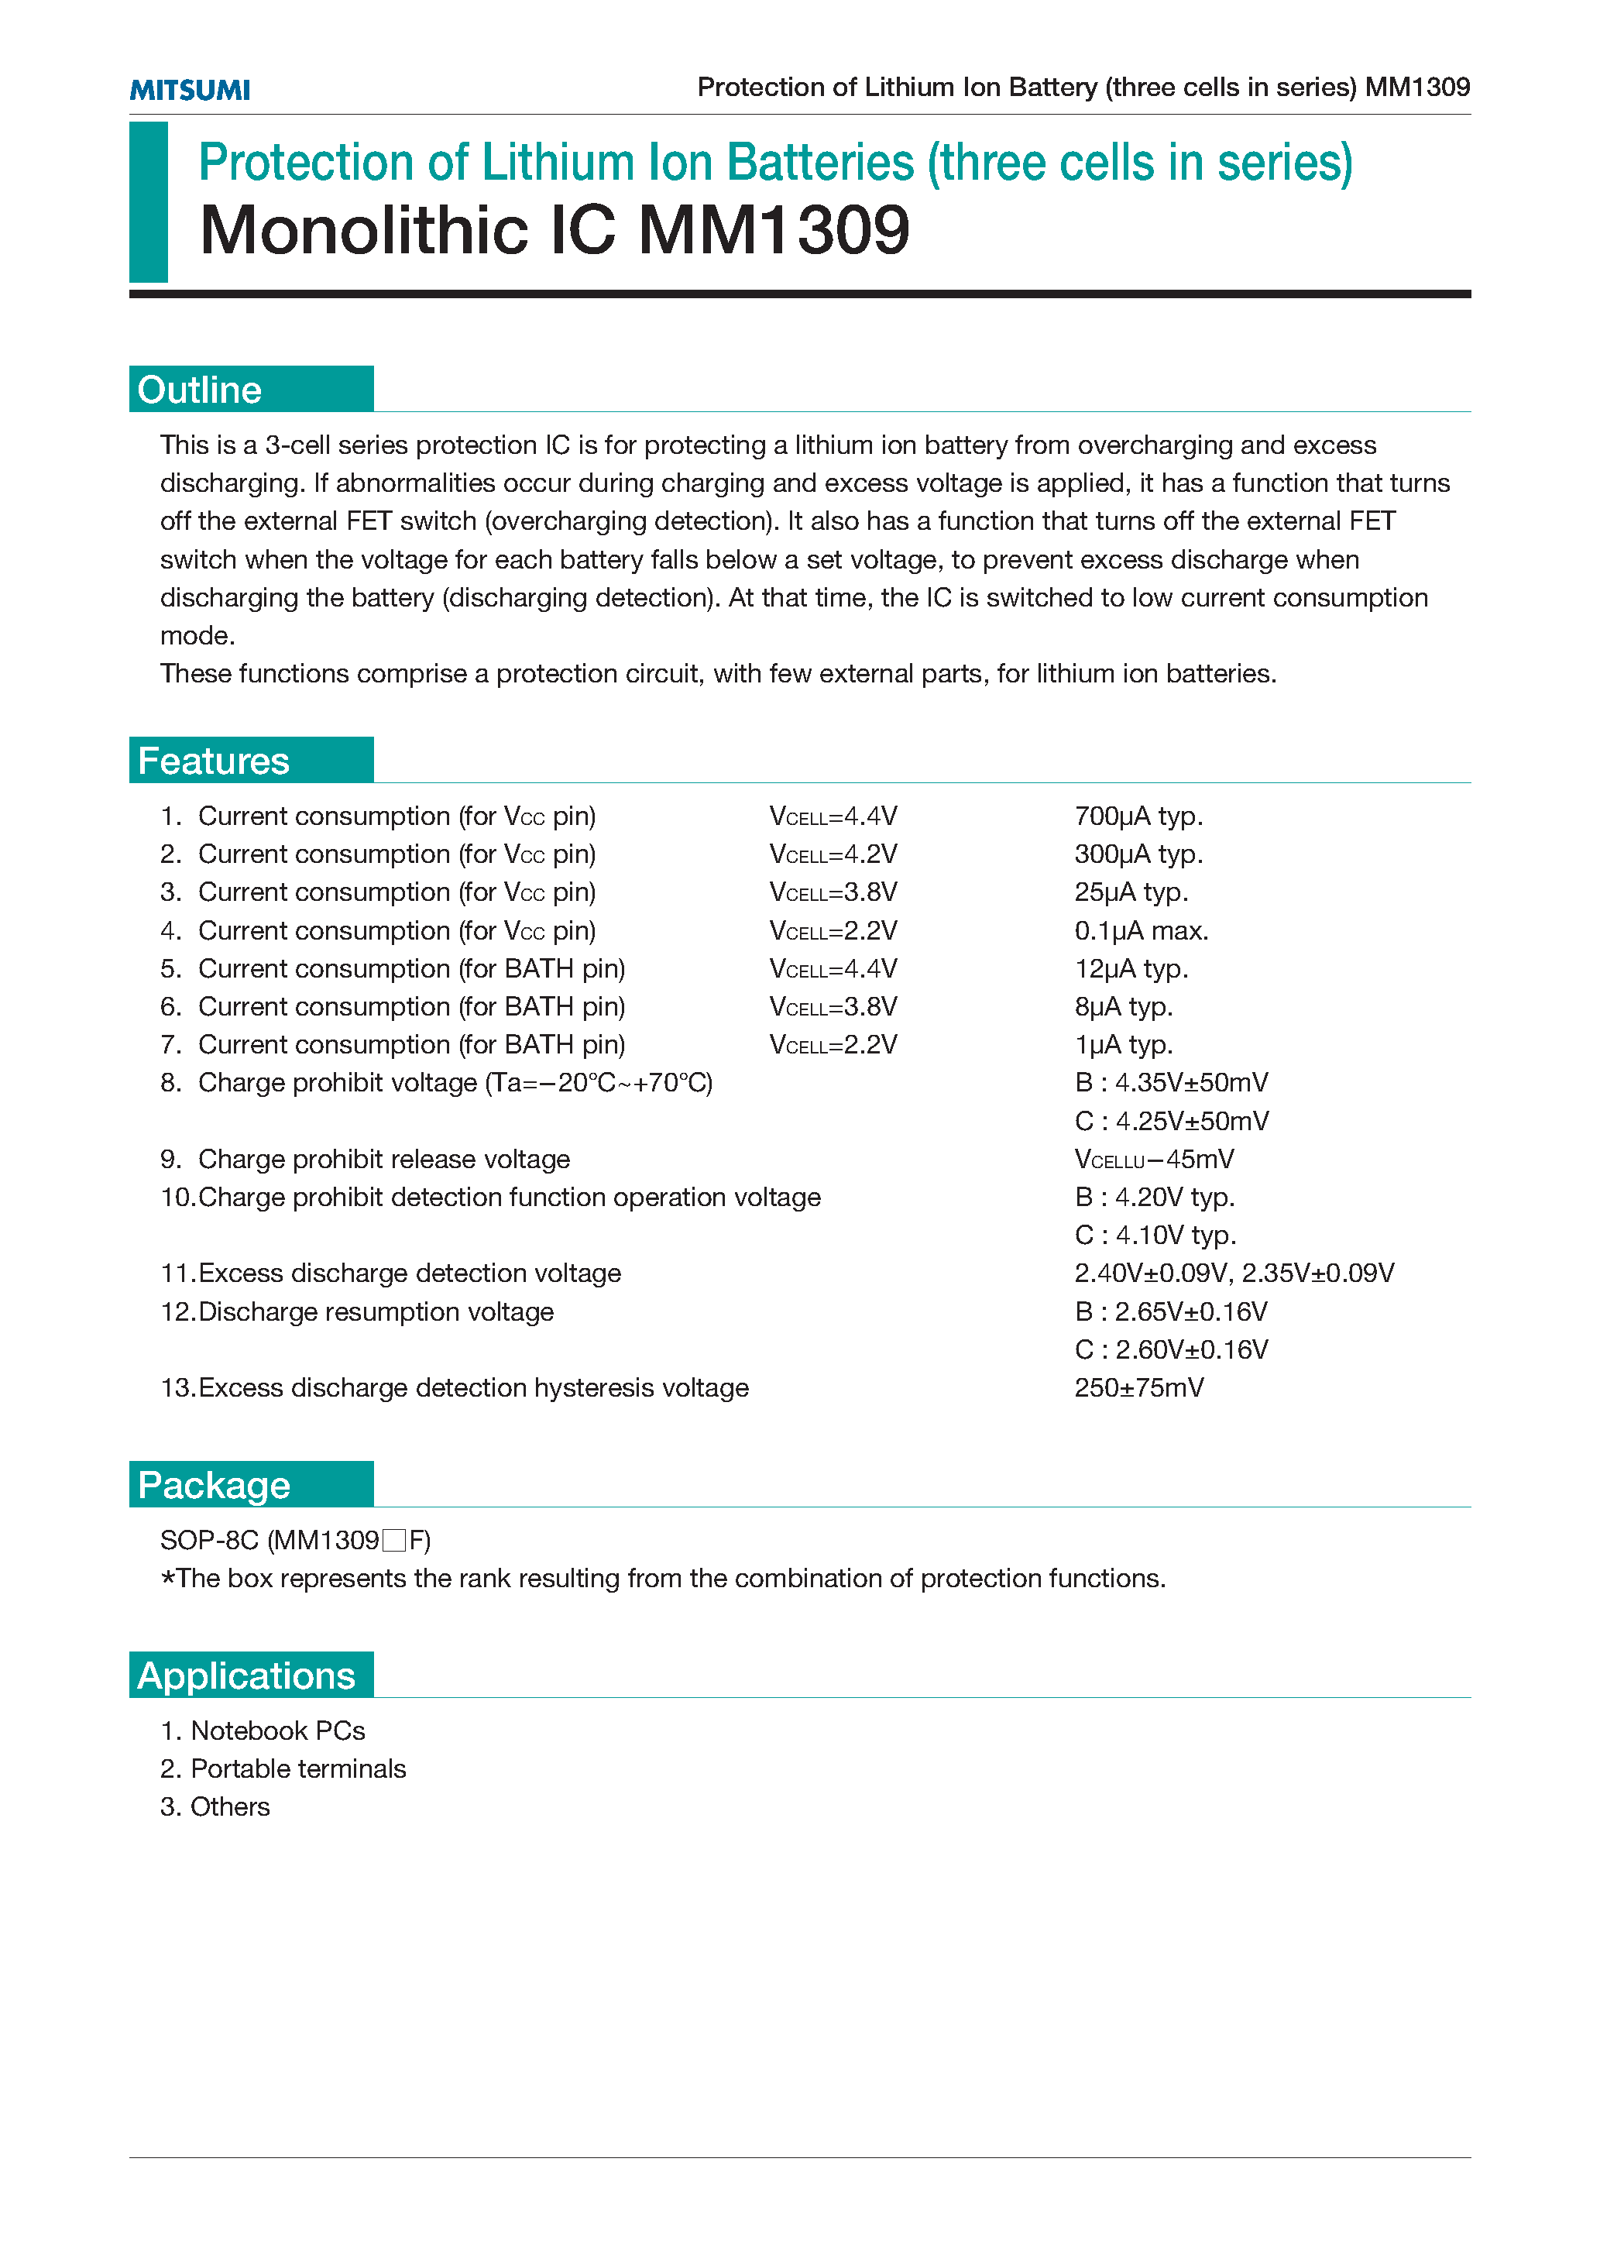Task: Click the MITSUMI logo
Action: [x=190, y=90]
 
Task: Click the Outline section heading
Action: [x=201, y=390]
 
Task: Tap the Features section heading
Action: [x=214, y=761]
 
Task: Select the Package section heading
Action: [x=214, y=1485]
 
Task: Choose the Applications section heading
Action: [x=246, y=1675]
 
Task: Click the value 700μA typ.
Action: [x=1138, y=816]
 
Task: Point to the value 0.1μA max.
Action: [x=1142, y=930]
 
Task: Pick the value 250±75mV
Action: [x=1139, y=1387]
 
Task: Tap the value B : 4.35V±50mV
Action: [x=1171, y=1082]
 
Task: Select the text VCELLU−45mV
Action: [x=1154, y=1159]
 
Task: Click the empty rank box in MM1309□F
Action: [x=394, y=1540]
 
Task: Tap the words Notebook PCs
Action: [x=277, y=1731]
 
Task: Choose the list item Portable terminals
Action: [x=298, y=1768]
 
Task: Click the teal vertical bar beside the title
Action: [x=149, y=201]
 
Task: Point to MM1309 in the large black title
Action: [x=774, y=231]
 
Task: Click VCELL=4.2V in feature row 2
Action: [x=833, y=854]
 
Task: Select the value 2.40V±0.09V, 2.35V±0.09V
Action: [x=1234, y=1273]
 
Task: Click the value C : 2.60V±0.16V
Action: [x=1171, y=1349]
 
